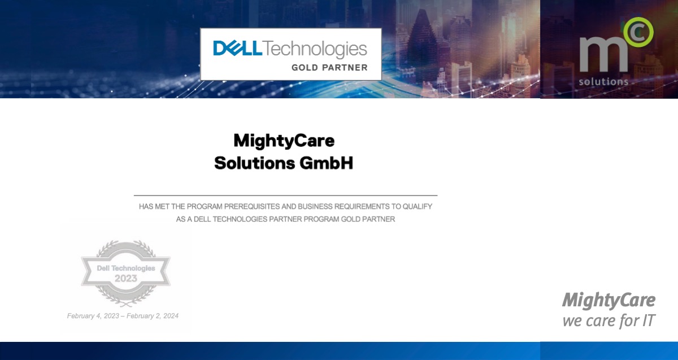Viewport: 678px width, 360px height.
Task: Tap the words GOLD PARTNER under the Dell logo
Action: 329,68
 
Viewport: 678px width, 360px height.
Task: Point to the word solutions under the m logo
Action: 603,81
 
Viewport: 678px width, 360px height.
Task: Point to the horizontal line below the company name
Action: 285,195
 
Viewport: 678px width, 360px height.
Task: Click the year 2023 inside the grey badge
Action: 126,278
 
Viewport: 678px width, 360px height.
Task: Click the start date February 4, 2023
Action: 93,316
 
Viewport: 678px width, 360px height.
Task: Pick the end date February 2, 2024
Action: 153,316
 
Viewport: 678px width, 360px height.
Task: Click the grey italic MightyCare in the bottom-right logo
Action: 609,300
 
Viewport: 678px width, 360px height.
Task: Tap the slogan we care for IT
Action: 609,321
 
